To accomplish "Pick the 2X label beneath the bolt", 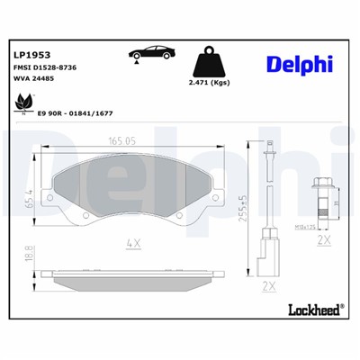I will pyautogui.click(x=325, y=242).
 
